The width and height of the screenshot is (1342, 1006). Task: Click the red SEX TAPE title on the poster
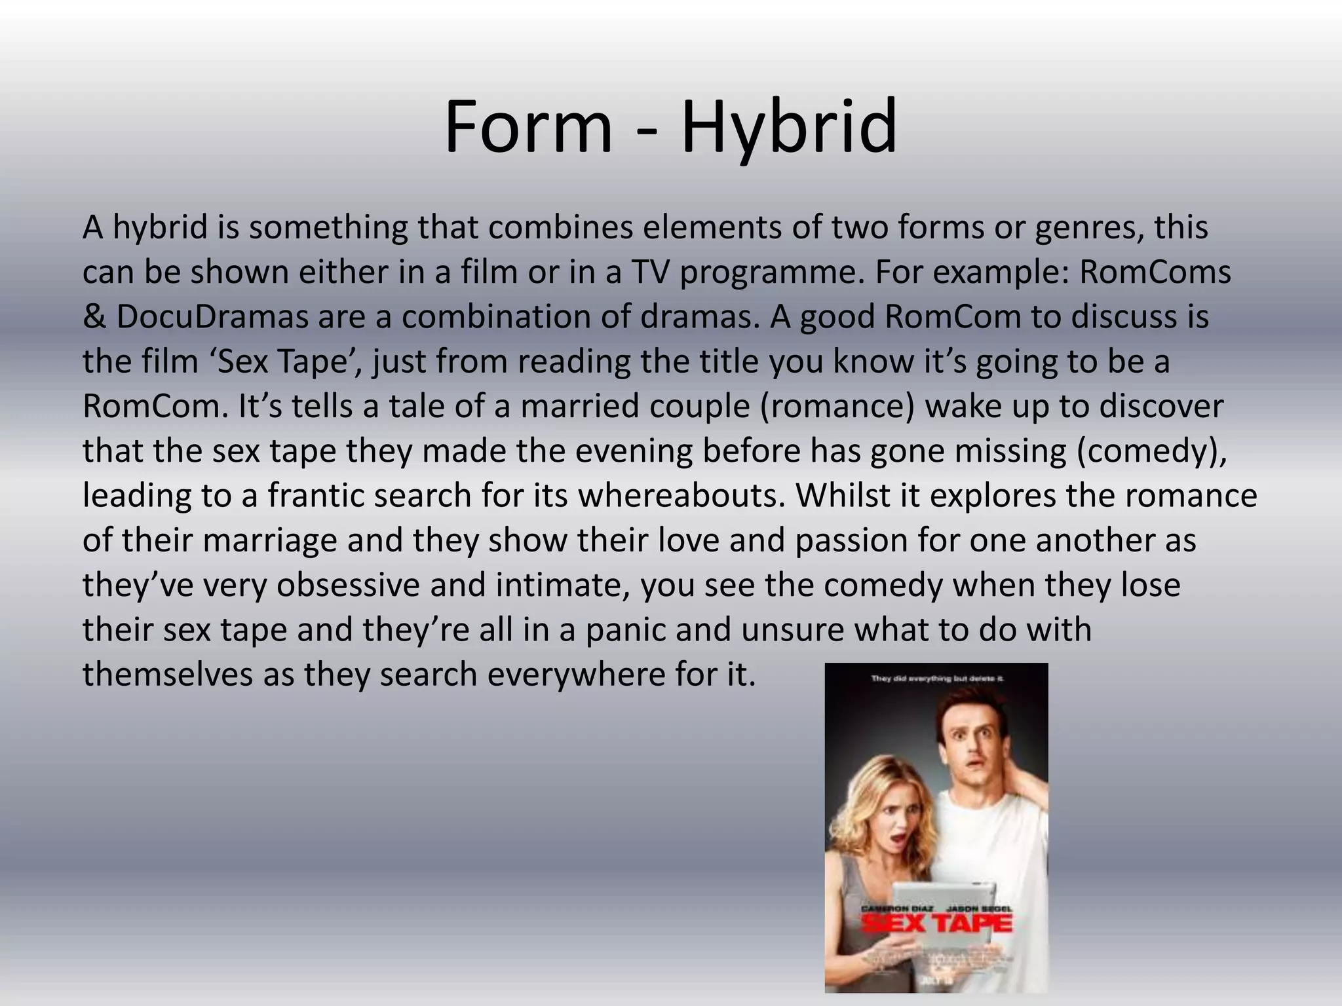[936, 923]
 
